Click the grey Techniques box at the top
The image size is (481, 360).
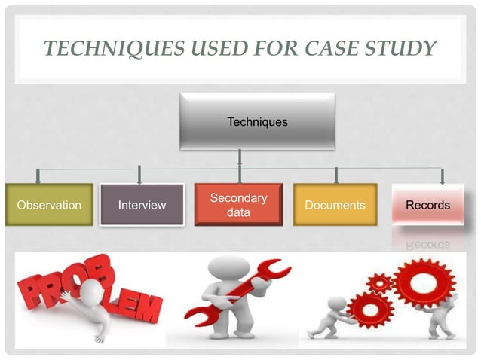(x=257, y=121)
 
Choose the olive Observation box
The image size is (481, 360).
(x=49, y=205)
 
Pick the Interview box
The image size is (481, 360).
(x=142, y=205)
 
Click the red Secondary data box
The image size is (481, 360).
(x=238, y=205)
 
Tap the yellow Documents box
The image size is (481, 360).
(x=335, y=205)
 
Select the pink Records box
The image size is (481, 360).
(x=427, y=205)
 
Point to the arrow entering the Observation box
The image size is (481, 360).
(x=38, y=176)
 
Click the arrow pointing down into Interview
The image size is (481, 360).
(x=139, y=176)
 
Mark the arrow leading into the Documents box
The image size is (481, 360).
(x=335, y=176)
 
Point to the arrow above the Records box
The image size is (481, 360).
(x=443, y=176)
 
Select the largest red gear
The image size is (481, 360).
(x=421, y=284)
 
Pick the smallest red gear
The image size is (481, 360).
(x=379, y=284)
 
